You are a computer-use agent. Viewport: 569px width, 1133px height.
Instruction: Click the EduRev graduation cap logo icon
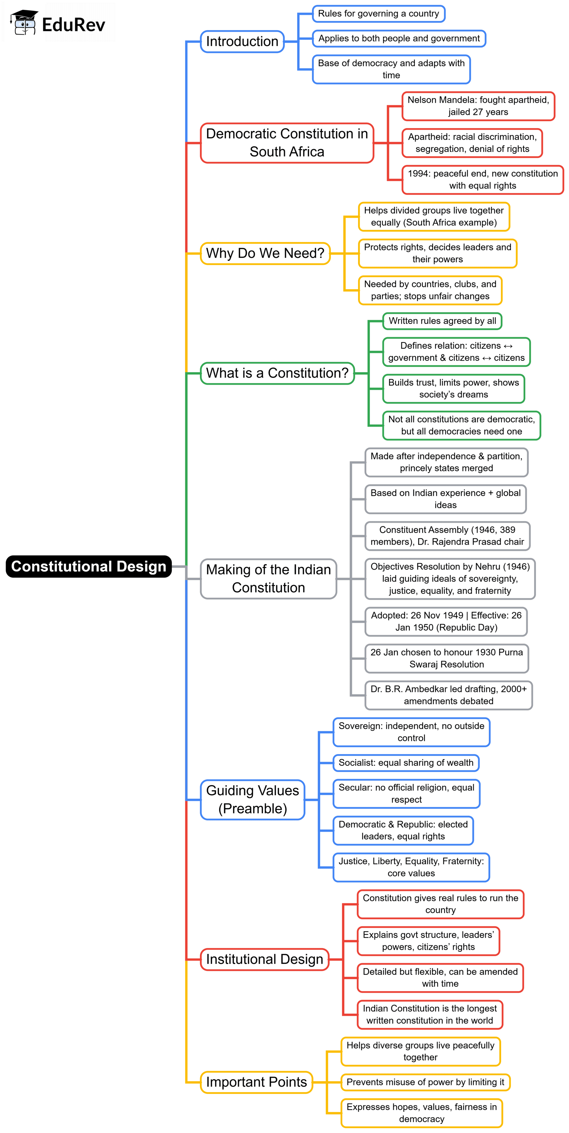coord(24,23)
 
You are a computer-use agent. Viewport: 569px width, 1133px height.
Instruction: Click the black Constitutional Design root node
coord(88,566)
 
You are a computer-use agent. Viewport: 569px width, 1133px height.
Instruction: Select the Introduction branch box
coord(242,41)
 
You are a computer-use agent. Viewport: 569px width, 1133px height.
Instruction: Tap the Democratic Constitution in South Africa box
coord(287,142)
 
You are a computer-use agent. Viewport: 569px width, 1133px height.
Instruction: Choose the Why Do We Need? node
coord(265,253)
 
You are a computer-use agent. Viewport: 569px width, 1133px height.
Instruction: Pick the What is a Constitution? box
coord(277,373)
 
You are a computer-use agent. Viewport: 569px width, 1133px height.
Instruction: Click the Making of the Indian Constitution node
coord(269,578)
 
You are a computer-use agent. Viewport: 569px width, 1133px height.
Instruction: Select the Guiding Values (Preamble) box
coord(253,799)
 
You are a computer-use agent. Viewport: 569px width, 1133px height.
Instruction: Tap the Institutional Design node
coord(265,959)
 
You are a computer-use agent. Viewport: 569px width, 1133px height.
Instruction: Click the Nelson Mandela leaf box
coord(478,106)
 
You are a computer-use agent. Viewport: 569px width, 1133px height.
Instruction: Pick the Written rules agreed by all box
coord(442,320)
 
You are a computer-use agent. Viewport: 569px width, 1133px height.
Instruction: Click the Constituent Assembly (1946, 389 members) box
coord(447,536)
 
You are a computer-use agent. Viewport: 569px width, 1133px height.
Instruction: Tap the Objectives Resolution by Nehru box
coord(450,578)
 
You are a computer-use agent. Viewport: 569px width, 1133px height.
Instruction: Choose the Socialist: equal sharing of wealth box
coord(406,763)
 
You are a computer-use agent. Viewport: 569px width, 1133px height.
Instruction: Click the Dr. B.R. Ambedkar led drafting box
coord(448,695)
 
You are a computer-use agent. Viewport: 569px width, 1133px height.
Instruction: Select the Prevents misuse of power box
coord(425,1082)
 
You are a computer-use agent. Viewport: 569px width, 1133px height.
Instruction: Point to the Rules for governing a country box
coord(379,14)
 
